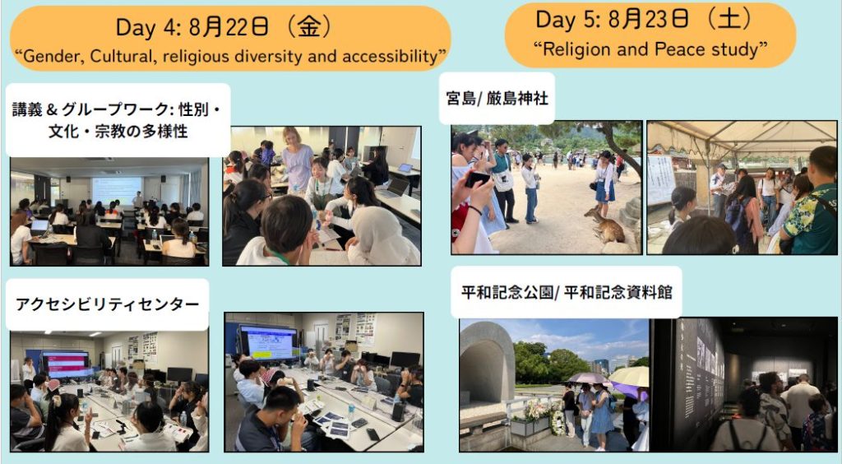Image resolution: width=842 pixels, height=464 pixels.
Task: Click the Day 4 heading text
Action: coord(224,27)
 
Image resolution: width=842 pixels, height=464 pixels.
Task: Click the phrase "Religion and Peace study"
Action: coord(650,49)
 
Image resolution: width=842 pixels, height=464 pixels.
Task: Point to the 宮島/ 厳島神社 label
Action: coord(497,98)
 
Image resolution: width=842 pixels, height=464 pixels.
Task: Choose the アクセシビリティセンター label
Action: coord(108,304)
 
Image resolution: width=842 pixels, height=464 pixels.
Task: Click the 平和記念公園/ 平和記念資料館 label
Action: coord(567,291)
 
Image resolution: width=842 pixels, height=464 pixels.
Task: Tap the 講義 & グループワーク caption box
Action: coord(118,120)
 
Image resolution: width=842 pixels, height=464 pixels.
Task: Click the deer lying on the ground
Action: coord(604,226)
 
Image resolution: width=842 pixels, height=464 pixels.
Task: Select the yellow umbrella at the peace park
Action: coord(629,375)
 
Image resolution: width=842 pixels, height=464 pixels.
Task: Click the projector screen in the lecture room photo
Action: coord(117,190)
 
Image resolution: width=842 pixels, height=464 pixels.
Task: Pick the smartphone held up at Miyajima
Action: coord(477,179)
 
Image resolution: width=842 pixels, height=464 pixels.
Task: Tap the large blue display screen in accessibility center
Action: coord(268,342)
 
